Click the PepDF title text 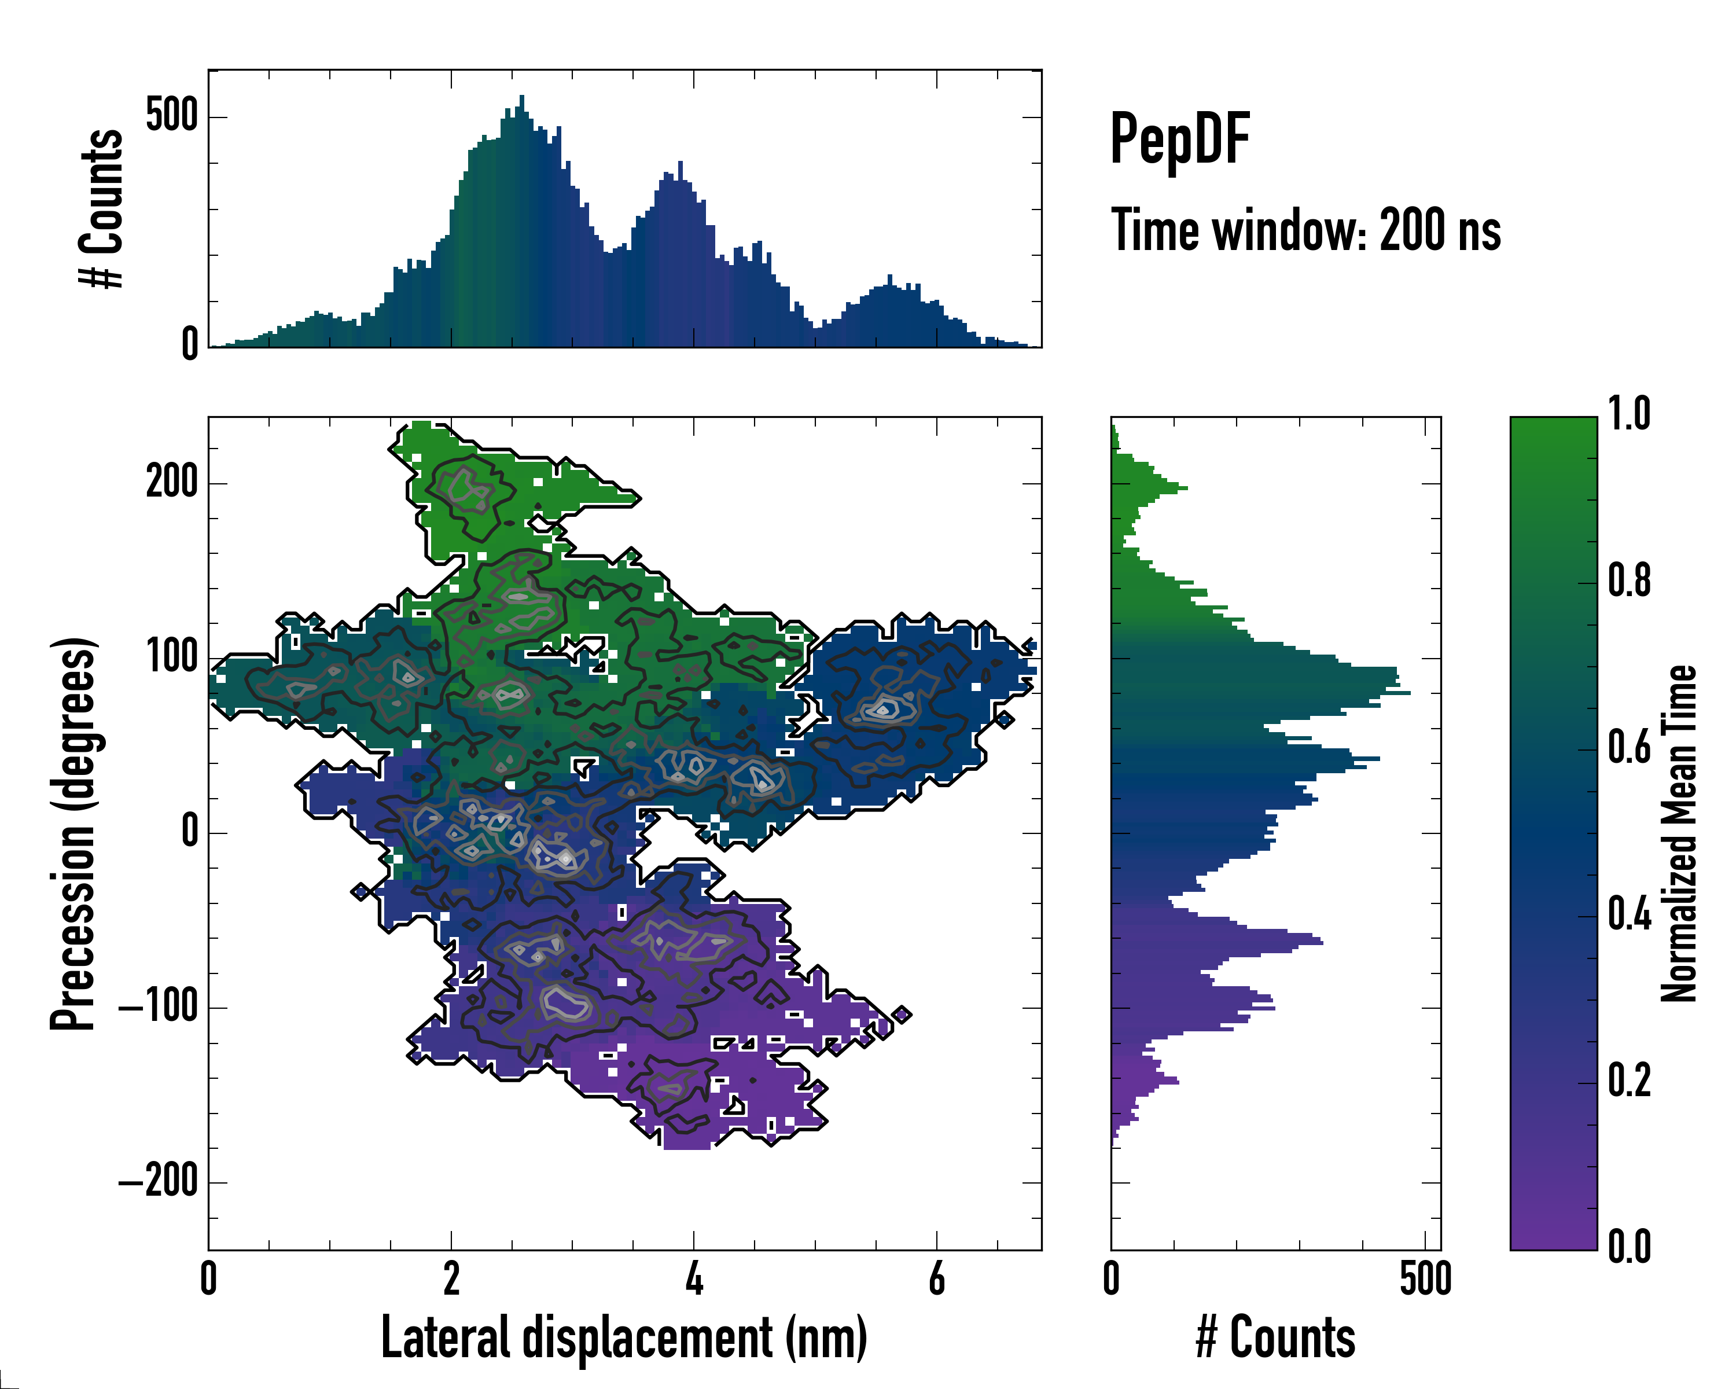[1179, 140]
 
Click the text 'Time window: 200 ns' [1306, 231]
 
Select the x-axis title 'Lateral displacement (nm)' [624, 1337]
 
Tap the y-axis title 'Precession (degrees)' [74, 833]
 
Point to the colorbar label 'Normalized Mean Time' [1679, 833]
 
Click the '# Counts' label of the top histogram [101, 208]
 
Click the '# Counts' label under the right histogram [1275, 1337]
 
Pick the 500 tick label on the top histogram [171, 115]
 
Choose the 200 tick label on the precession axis [171, 483]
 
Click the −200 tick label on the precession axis [159, 1182]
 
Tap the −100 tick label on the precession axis [159, 1008]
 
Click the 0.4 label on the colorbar [1629, 915]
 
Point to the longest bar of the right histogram [1405, 693]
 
